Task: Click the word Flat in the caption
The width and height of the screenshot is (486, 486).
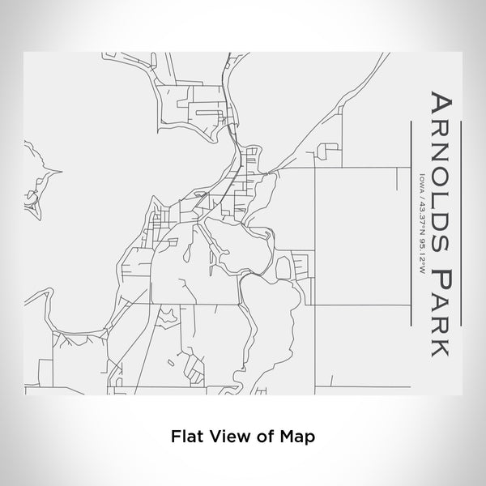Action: coord(185,436)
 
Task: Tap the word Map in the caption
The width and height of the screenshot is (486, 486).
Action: coord(295,436)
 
